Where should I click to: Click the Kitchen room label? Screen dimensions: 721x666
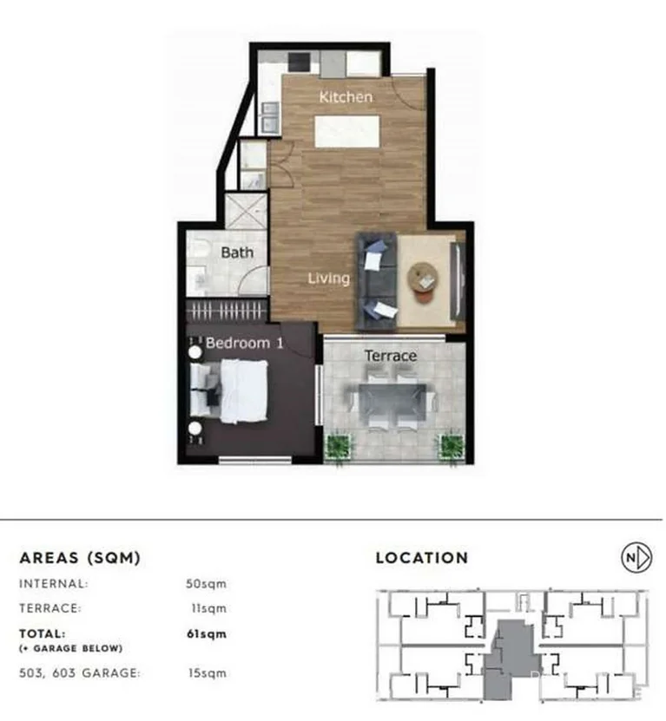point(346,97)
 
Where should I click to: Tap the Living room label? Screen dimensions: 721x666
point(328,279)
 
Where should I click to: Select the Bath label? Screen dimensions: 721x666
point(237,252)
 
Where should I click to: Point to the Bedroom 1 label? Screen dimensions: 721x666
point(244,343)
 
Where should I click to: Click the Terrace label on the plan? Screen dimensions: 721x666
point(390,356)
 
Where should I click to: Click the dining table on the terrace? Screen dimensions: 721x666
point(393,400)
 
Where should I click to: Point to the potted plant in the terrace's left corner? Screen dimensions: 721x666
point(339,447)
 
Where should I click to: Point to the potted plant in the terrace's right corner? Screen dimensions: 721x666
point(451,447)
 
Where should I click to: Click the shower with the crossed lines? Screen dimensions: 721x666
point(246,211)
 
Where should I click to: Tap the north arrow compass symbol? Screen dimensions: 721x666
point(636,558)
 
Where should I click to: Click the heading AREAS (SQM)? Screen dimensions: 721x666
point(80,557)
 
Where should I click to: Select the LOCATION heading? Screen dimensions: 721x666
point(421,558)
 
